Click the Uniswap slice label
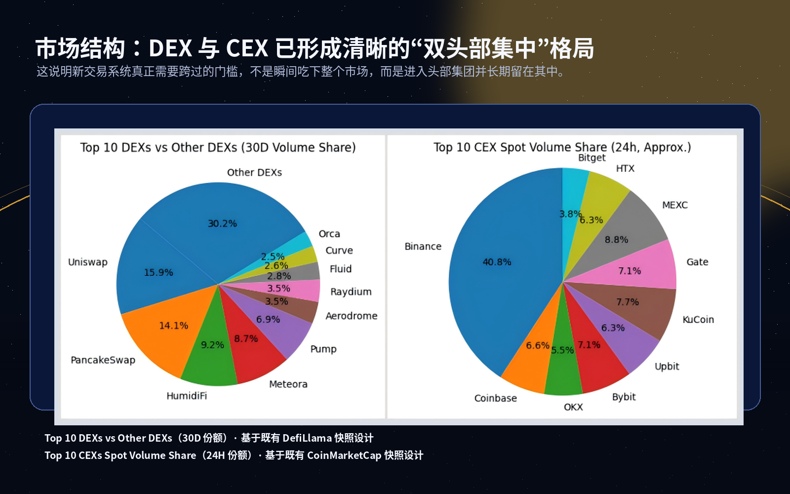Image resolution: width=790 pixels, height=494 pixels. click(88, 262)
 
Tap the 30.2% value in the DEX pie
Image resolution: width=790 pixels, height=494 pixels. click(222, 224)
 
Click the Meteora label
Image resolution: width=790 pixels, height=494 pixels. click(288, 384)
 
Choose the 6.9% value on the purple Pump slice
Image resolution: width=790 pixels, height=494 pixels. click(268, 320)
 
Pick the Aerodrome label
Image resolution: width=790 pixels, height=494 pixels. click(352, 316)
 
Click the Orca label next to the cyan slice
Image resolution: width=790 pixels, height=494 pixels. click(329, 234)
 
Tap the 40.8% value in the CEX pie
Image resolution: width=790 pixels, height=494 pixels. click(497, 262)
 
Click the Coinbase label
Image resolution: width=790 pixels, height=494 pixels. click(495, 399)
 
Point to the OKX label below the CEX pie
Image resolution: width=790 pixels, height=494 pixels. click(573, 408)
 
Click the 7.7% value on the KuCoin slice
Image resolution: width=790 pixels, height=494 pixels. click(628, 302)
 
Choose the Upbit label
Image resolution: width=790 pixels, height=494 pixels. click(667, 367)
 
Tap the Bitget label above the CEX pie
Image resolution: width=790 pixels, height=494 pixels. click(592, 158)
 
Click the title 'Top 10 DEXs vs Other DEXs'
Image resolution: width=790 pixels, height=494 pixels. click(218, 148)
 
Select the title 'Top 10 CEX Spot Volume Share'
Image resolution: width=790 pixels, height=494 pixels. click(562, 147)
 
